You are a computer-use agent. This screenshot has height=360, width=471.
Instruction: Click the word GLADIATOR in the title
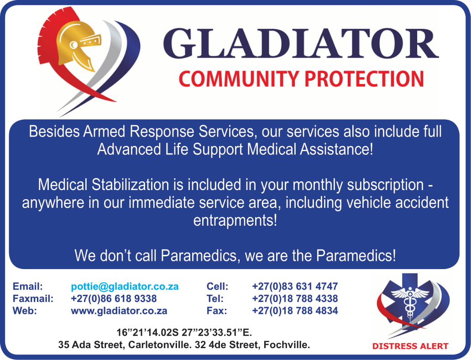tap(300, 42)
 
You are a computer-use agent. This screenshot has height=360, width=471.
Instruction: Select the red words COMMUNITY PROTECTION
tap(301, 79)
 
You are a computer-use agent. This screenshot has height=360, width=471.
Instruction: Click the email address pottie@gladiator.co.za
tap(125, 286)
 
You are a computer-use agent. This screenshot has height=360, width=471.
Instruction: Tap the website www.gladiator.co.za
tap(119, 311)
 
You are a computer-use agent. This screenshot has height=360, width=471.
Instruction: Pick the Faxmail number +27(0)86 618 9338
tap(114, 298)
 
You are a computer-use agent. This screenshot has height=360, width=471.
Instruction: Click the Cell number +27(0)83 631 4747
tap(295, 286)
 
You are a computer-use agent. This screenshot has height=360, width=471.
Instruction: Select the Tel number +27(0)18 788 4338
tap(295, 298)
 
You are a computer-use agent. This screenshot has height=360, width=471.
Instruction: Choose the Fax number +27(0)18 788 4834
tap(295, 310)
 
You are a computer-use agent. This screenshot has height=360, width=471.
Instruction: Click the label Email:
tap(28, 286)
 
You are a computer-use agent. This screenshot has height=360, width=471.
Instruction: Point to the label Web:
tap(25, 311)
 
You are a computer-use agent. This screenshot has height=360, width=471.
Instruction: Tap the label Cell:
tap(217, 286)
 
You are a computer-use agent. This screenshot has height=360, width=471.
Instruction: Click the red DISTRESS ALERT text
tap(410, 346)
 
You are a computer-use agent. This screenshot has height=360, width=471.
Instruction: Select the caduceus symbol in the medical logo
tap(410, 302)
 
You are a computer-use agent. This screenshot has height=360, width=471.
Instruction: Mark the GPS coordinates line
tap(184, 333)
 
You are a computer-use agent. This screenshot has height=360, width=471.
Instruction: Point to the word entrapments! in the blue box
tap(235, 221)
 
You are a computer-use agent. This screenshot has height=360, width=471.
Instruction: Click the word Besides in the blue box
tap(54, 132)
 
